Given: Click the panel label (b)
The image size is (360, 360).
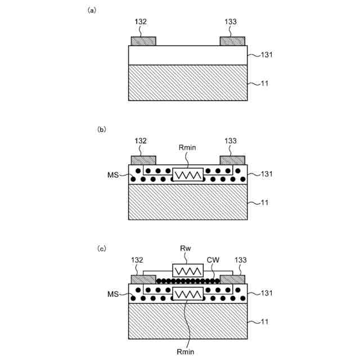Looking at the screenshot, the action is coord(102,129).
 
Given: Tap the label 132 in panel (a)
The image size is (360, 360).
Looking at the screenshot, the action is coord(141,22).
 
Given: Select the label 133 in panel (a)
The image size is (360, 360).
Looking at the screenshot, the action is coord(230,22).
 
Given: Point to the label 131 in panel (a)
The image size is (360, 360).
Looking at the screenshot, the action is coord(267,55).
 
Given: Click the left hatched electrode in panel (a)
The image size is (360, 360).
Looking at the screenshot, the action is coord(143,41).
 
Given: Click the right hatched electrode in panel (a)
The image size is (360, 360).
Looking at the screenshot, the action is coord(232,41).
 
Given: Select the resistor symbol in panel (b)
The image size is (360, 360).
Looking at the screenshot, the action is coord(187,175).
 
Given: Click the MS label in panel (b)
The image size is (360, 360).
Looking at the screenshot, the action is coord(113,175).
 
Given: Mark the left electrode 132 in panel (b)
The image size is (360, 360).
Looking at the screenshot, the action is coord(143,160).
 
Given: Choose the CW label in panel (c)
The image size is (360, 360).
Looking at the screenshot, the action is coord(213,260).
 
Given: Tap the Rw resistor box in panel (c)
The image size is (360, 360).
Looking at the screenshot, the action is coord(187,271).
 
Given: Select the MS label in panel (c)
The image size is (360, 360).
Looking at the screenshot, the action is coord(113,294).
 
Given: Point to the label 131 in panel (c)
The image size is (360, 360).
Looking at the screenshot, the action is coord(267,292).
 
